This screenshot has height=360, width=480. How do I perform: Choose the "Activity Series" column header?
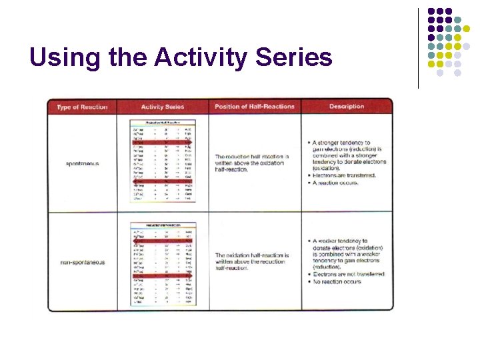163,107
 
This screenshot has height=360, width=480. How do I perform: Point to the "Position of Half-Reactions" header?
254,107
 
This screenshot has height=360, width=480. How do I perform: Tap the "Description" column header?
346,107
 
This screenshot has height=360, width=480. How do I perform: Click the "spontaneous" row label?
82,163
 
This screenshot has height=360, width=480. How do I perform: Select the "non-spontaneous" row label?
82,262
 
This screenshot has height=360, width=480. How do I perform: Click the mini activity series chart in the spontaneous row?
163,161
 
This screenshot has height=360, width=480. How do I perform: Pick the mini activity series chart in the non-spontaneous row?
163,263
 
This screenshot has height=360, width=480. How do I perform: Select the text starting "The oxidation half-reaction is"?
251,255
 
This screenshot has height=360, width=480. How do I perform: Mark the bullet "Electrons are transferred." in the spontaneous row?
344,175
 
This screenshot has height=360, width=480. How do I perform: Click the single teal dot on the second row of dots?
458,20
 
